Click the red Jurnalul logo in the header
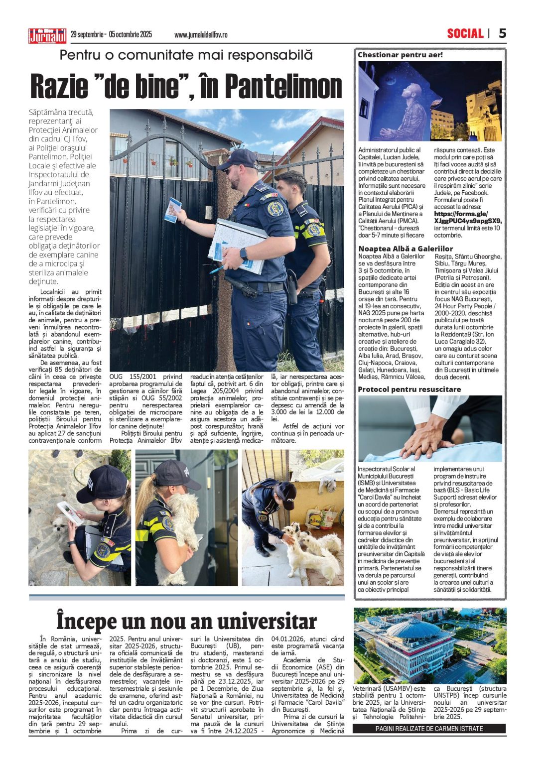tap(47, 36)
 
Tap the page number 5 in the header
tap(502, 33)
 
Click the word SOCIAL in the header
tap(465, 33)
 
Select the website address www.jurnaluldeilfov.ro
tap(201, 35)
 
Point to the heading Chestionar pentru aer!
tap(400, 55)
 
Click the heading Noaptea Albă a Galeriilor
tap(406, 249)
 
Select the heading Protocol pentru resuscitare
tap(409, 389)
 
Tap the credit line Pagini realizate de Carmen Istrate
tap(429, 729)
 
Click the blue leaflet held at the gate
tap(173, 210)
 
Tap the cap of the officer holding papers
tap(239, 158)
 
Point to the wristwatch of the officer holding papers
tap(243, 254)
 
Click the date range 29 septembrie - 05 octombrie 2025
tap(111, 35)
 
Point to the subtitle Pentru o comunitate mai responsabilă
tap(186, 55)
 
